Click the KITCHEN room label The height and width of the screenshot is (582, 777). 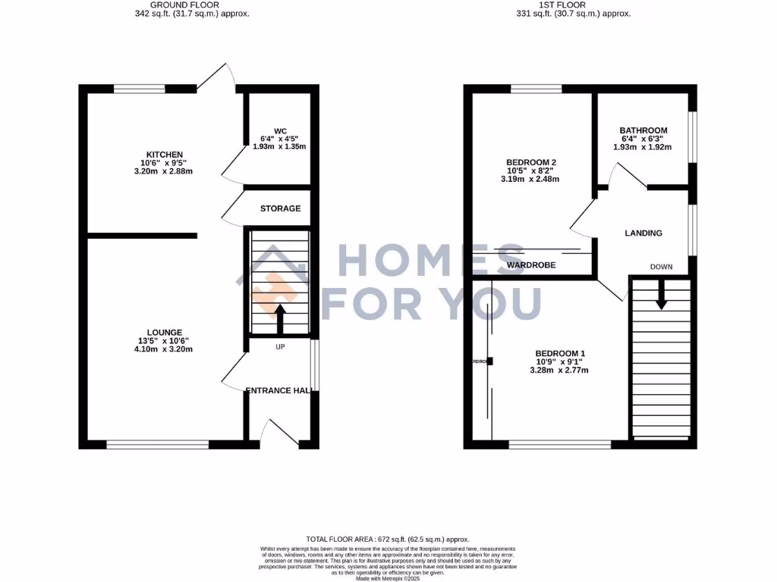click(x=165, y=155)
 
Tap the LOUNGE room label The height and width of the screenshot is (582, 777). click(x=165, y=332)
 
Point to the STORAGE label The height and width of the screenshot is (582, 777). click(x=280, y=208)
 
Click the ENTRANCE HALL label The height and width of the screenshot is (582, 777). click(x=279, y=390)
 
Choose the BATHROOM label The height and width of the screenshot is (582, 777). click(x=643, y=130)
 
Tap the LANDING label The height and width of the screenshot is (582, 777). click(x=643, y=233)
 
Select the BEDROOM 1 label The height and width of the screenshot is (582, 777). click(x=560, y=353)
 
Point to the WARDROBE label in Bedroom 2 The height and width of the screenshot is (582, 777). click(x=531, y=265)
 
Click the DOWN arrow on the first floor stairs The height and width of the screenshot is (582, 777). click(x=661, y=294)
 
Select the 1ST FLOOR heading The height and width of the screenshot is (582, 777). click(x=562, y=5)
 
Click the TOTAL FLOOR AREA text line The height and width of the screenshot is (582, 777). click(x=388, y=537)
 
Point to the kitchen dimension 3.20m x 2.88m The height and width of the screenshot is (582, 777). click(x=165, y=171)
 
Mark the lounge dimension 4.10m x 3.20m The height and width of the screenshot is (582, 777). click(x=165, y=349)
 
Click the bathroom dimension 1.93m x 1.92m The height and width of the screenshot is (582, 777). click(x=643, y=147)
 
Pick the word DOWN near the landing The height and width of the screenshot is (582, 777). click(x=661, y=267)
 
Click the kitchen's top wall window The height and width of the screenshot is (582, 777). click(x=140, y=89)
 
